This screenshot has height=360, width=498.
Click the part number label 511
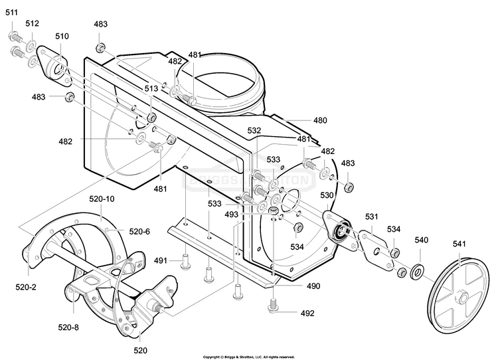click(x=12, y=13)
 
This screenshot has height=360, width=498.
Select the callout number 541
click(x=459, y=244)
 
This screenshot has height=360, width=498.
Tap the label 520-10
click(x=102, y=199)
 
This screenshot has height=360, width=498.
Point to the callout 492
click(x=307, y=314)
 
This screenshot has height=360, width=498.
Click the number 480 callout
click(x=320, y=120)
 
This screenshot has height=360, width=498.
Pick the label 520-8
click(x=68, y=327)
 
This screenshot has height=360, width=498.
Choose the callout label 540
click(x=422, y=240)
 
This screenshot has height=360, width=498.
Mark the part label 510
click(x=62, y=37)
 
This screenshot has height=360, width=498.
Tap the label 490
click(x=313, y=286)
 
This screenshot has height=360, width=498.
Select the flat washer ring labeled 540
click(x=418, y=272)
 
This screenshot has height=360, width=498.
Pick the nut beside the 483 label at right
click(x=349, y=187)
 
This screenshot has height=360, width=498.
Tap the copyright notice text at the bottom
click(x=249, y=357)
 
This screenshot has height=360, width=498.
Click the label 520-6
click(x=139, y=232)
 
